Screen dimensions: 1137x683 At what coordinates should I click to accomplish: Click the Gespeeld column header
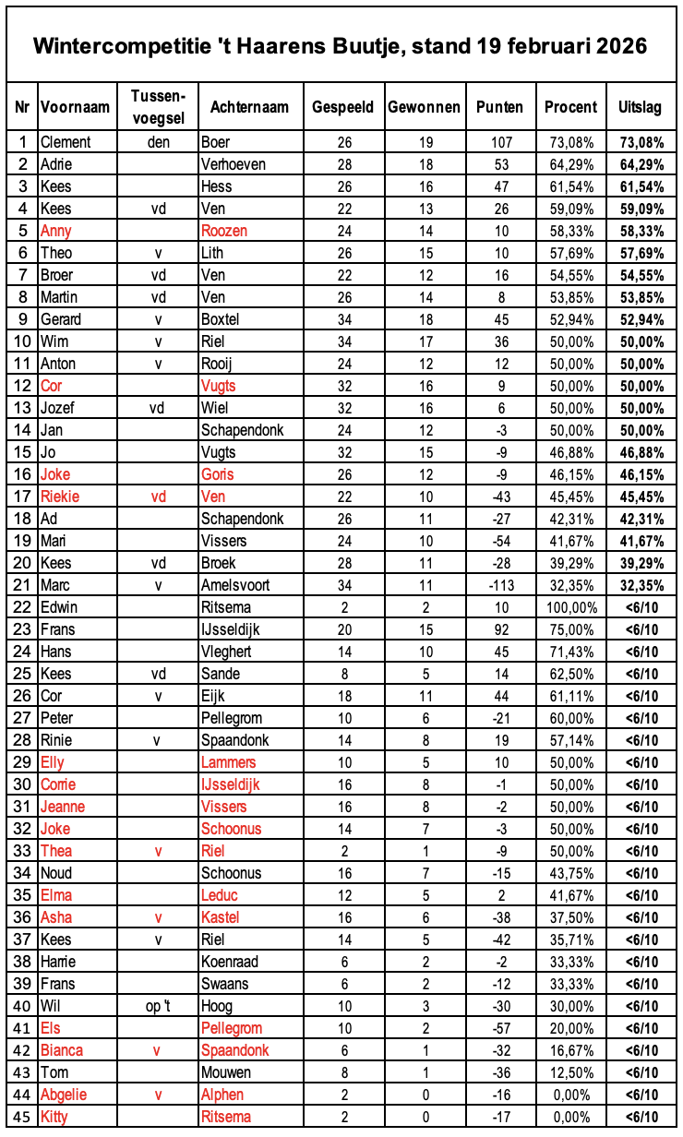342,107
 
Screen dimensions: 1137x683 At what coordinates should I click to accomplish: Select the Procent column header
570,107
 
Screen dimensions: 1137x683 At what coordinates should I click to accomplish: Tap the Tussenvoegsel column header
159,107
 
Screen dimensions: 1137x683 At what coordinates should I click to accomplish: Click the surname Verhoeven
234,164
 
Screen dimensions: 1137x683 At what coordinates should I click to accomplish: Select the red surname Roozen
224,231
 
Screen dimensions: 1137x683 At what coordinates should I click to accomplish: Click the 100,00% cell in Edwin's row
570,607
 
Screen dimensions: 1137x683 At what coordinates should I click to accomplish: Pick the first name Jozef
57,408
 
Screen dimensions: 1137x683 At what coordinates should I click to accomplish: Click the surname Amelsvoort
235,585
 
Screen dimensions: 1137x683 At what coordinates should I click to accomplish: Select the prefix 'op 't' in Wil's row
159,1006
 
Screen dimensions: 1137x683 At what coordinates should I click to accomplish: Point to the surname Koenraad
230,962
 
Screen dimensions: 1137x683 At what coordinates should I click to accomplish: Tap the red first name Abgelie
65,1095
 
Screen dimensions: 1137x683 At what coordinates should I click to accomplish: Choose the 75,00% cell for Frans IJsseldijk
570,629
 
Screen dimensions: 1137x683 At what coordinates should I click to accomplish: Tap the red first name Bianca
62,1050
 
